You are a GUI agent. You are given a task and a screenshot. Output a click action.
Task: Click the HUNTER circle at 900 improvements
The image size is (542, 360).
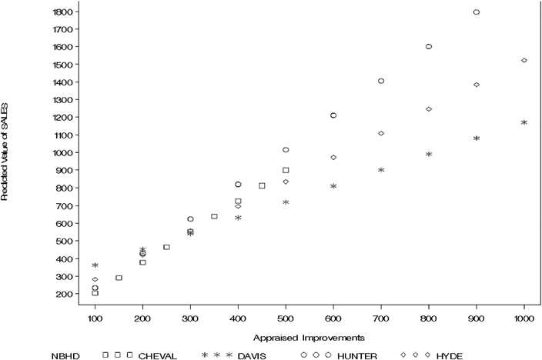[x=477, y=12]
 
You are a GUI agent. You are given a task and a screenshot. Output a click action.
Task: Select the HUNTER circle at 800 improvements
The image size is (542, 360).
[x=429, y=46]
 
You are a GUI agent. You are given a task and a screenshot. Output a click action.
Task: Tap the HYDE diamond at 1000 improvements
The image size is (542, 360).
[x=524, y=60]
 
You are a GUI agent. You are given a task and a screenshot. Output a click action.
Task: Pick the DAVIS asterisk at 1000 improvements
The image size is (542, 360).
[x=524, y=123]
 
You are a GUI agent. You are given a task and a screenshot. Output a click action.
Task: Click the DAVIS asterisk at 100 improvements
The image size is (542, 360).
[x=95, y=266]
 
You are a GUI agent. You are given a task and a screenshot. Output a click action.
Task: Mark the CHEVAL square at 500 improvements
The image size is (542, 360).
[x=286, y=170]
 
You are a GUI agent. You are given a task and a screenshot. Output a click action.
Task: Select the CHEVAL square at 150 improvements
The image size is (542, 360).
[x=119, y=278]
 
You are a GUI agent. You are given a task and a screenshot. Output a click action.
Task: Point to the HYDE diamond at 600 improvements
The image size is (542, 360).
[x=333, y=157]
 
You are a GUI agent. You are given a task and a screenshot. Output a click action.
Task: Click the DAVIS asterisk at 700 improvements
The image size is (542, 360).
[x=381, y=170]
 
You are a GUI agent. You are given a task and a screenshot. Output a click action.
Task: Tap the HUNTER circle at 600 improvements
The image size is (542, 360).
[x=333, y=115]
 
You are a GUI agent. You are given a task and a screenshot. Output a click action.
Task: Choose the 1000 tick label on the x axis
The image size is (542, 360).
[x=524, y=317]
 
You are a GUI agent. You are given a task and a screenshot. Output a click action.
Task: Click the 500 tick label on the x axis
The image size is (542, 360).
[x=286, y=317]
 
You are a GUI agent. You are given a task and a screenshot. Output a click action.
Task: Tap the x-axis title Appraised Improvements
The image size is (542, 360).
[x=309, y=336]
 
